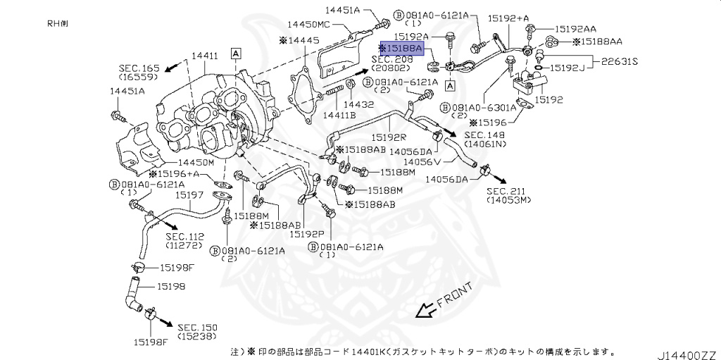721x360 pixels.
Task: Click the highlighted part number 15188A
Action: [x=402, y=49]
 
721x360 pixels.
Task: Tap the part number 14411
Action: [x=206, y=54]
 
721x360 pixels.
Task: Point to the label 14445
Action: [x=301, y=42]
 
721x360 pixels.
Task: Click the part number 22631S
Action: [x=619, y=62]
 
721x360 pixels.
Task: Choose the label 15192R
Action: [x=388, y=138]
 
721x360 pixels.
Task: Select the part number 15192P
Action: [x=307, y=233]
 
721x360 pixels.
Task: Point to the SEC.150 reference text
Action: [x=197, y=328]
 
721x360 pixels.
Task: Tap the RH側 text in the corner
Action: [x=58, y=23]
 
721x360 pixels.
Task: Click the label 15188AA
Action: [x=596, y=42]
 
